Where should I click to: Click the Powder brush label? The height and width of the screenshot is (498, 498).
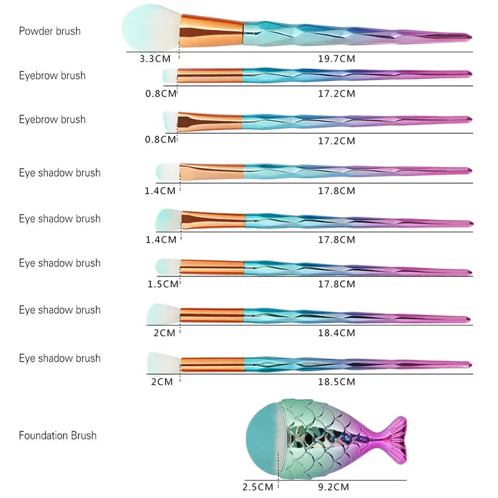[49, 31]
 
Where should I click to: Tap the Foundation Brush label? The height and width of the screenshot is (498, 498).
[57, 435]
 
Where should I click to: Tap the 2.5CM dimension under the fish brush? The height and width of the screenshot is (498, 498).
[257, 486]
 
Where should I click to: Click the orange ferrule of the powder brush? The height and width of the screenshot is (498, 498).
[212, 30]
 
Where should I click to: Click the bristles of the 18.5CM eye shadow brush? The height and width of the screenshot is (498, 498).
[163, 361]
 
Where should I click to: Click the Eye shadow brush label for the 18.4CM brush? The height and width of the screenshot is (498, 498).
[59, 309]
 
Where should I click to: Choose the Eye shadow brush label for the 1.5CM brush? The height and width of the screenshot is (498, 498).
[59, 263]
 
